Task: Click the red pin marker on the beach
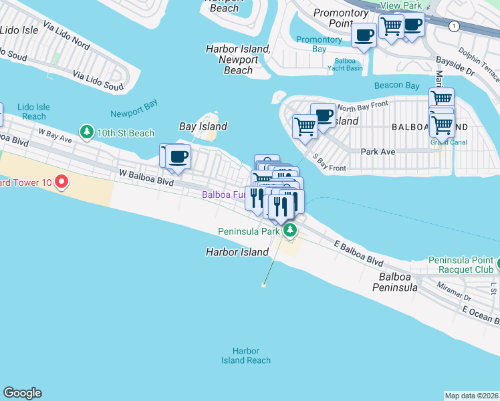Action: click(x=61, y=181)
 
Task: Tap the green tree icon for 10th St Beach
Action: click(x=86, y=132)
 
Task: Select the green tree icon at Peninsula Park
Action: click(x=289, y=231)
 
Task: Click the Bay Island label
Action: click(x=203, y=126)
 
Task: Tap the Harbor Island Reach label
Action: click(x=246, y=356)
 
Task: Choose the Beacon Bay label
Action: click(x=397, y=85)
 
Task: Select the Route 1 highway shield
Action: click(x=454, y=26)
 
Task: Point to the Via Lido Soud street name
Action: click(x=98, y=82)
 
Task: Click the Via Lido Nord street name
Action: click(x=66, y=34)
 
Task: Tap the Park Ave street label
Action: click(x=378, y=152)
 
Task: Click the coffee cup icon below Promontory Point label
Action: click(x=364, y=35)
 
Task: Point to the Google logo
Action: click(x=22, y=393)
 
